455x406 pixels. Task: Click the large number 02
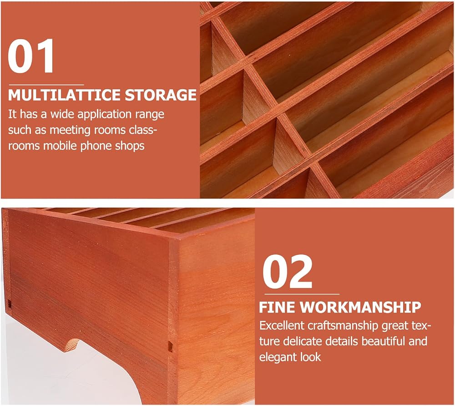click(287, 271)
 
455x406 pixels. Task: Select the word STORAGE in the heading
click(161, 95)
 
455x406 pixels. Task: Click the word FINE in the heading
click(277, 307)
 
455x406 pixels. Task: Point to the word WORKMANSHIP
click(360, 307)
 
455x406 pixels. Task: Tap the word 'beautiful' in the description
click(383, 341)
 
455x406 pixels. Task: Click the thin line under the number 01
click(46, 85)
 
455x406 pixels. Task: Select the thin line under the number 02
click(301, 294)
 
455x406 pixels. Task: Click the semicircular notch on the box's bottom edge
click(72, 344)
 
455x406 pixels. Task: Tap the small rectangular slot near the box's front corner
click(170, 346)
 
